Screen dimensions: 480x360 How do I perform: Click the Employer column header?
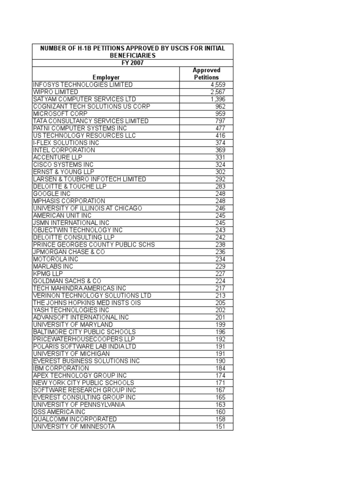[106, 77]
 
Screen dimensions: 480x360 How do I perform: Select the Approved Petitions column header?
[206, 74]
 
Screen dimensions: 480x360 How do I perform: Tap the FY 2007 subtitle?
[132, 63]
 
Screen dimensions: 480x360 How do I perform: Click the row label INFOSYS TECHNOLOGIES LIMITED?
[83, 85]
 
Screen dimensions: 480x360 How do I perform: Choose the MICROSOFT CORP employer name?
[58, 114]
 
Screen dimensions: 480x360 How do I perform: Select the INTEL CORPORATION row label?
[64, 150]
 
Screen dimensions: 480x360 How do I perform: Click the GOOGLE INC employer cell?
[52, 194]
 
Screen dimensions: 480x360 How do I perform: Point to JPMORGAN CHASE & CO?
[69, 252]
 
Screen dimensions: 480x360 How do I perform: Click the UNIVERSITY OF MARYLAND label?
[73, 324]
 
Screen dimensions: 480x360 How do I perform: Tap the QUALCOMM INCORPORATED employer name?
[75, 419]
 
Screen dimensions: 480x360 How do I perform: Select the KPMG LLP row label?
[48, 273]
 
